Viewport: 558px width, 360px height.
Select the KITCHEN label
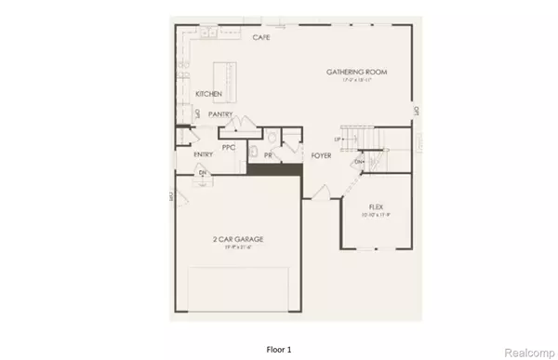208,94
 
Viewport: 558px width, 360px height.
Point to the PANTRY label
220,114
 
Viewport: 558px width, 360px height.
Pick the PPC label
228,147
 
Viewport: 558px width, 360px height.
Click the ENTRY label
203,154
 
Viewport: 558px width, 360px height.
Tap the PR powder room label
268,155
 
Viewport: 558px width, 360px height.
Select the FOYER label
322,155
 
